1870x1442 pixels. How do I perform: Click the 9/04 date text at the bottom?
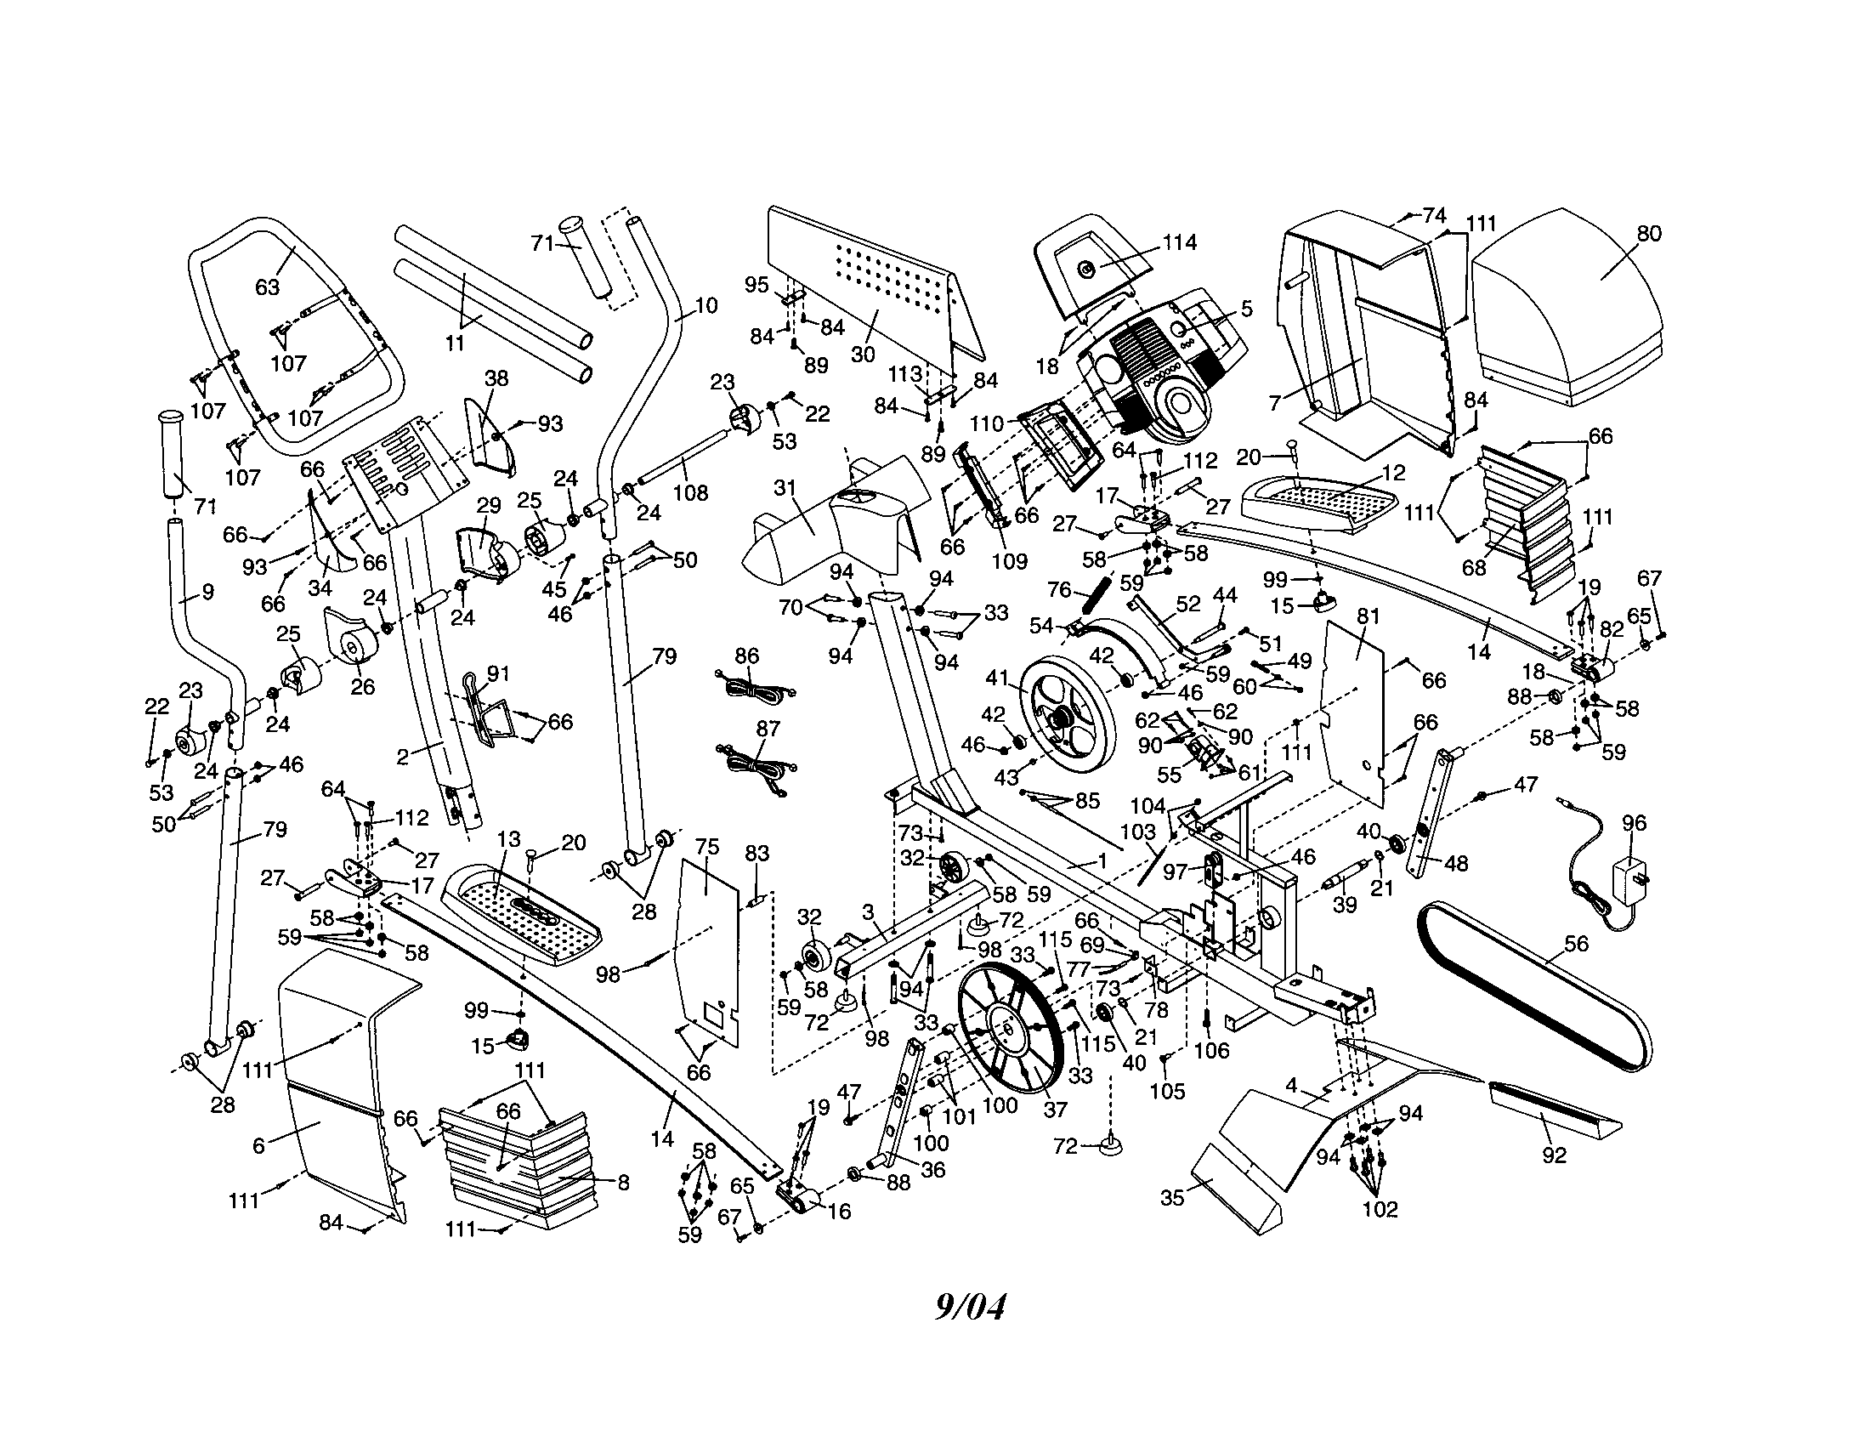coord(969,1308)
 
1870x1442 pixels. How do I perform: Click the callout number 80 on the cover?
coord(1648,234)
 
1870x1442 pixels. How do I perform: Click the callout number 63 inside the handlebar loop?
coord(268,287)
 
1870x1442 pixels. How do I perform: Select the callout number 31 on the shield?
coord(785,489)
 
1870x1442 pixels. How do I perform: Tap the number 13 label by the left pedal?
coord(508,839)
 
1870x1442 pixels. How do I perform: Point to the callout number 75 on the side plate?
coord(707,847)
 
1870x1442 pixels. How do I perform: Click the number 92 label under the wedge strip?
coord(1553,1155)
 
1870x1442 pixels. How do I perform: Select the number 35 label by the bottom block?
coord(1172,1198)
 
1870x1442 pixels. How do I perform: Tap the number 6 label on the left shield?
coord(258,1146)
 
